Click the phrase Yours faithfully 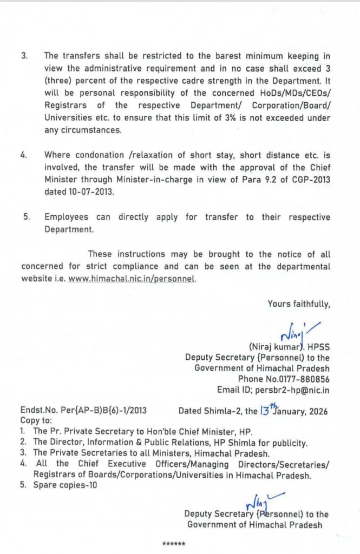point(298,304)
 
